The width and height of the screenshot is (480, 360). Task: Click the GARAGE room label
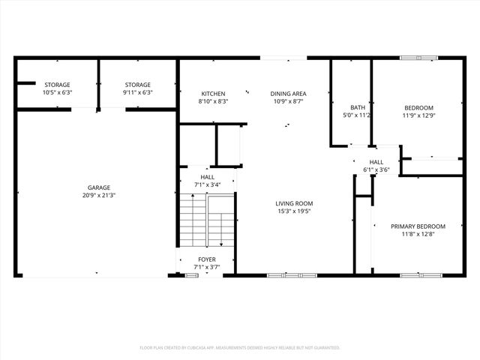[x=99, y=187]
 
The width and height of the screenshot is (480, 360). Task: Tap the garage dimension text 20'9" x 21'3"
[x=99, y=195]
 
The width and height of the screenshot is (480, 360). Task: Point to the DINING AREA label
[x=289, y=94]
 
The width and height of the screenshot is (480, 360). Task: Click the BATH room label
[x=358, y=107]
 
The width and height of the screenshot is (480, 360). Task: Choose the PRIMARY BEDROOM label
[x=418, y=226]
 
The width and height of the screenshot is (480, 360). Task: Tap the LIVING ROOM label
[x=294, y=203]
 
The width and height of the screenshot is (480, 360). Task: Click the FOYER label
[x=207, y=259]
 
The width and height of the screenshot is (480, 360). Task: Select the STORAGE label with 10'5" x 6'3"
[x=57, y=85]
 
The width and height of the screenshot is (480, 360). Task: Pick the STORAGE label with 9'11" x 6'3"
[x=138, y=85]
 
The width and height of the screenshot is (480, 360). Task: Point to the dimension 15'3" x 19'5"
[x=294, y=211]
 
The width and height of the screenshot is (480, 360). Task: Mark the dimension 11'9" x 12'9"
[x=419, y=115]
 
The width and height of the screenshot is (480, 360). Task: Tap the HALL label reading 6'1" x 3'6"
[x=376, y=162]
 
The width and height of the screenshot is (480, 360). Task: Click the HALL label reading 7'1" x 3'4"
[x=207, y=177]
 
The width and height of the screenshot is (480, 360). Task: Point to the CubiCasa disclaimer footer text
[x=240, y=348]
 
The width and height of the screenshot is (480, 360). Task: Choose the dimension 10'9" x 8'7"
[x=289, y=101]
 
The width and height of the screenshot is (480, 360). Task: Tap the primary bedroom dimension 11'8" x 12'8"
[x=418, y=234]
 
